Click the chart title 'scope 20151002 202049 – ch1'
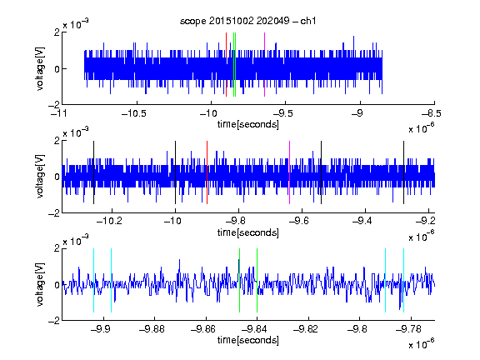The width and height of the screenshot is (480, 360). coord(247,21)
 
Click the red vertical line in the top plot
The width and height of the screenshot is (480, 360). coord(226,65)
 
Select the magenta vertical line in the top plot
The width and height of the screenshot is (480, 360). coord(264,65)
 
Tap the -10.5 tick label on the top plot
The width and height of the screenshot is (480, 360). coord(134,113)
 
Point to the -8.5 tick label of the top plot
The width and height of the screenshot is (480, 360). coord(432,113)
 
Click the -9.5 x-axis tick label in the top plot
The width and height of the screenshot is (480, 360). coord(282,113)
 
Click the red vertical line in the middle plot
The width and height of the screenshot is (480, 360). coord(207,172)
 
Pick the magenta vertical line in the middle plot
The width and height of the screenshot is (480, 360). coord(290,172)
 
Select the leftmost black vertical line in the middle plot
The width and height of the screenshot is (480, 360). coord(93,172)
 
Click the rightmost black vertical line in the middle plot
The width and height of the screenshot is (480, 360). coord(403,172)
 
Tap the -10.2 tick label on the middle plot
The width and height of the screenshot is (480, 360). coord(109,221)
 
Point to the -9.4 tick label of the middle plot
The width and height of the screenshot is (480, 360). coord(362,221)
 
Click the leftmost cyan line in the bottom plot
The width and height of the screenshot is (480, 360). coord(93,280)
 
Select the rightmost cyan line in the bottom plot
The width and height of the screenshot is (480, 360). coord(404,280)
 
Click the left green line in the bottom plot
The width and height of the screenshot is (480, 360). coord(239,280)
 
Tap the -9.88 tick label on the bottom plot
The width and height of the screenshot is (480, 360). coord(152,329)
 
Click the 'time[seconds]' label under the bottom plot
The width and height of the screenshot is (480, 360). coord(248,340)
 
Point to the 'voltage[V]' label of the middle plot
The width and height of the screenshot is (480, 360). coord(40,177)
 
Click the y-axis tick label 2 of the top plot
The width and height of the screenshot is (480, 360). coord(57,32)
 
